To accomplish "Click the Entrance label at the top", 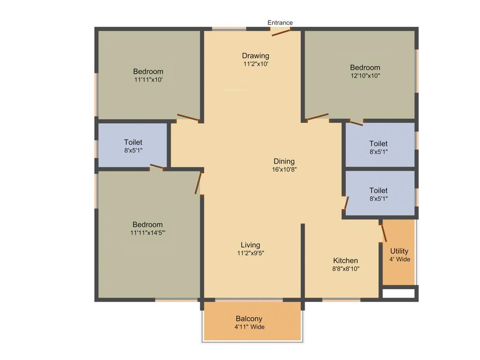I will (x=280, y=22).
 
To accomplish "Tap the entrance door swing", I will (x=281, y=31).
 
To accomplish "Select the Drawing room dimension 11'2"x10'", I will (x=255, y=64).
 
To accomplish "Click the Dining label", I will (x=284, y=161).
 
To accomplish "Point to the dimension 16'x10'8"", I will (x=284, y=170).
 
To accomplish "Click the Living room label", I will (x=250, y=245).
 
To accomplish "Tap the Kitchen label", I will (x=345, y=261).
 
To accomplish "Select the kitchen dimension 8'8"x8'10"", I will (x=345, y=269).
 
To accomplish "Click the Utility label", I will (x=399, y=251).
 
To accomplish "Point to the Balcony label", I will (x=249, y=319).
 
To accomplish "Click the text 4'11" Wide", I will (x=250, y=327).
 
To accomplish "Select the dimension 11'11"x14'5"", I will (x=148, y=232).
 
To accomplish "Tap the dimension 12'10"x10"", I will (x=365, y=75).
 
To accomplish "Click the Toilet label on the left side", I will (x=133, y=142).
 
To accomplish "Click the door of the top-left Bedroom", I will (x=188, y=118).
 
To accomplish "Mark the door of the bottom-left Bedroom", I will (x=199, y=183).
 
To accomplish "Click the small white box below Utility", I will (x=398, y=293).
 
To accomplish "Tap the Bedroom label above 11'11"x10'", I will (x=148, y=71).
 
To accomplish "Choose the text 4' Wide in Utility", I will (x=399, y=259).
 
